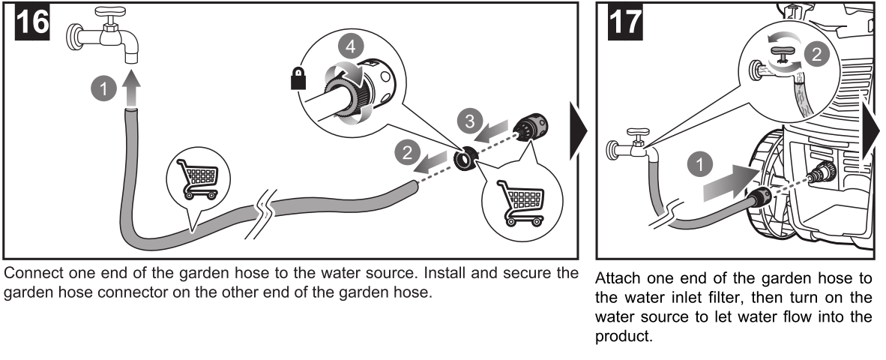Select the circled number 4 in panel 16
pos(347,46)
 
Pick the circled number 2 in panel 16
pos(407,153)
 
